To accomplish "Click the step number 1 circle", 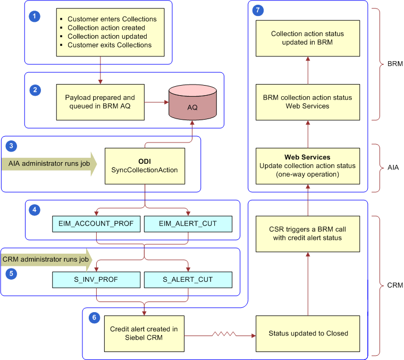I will pyautogui.click(x=35, y=16).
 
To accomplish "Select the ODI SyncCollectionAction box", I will pyautogui.click(x=145, y=165).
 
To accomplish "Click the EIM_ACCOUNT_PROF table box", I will pyautogui.click(x=96, y=224).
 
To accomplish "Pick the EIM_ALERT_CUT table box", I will pyautogui.click(x=188, y=224).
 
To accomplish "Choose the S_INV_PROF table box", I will pyautogui.click(x=96, y=279).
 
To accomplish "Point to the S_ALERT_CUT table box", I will pyautogui.click(x=188, y=279).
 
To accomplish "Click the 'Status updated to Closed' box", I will pyautogui.click(x=308, y=333).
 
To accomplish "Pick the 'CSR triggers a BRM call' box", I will pyautogui.click(x=308, y=233).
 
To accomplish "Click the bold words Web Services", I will pyautogui.click(x=307, y=157).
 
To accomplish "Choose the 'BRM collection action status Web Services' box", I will pyautogui.click(x=307, y=102).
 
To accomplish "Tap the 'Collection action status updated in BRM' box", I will pyautogui.click(x=307, y=38).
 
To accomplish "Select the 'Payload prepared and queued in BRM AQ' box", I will pyautogui.click(x=100, y=102).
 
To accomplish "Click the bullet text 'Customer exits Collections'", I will pyautogui.click(x=109, y=45).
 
